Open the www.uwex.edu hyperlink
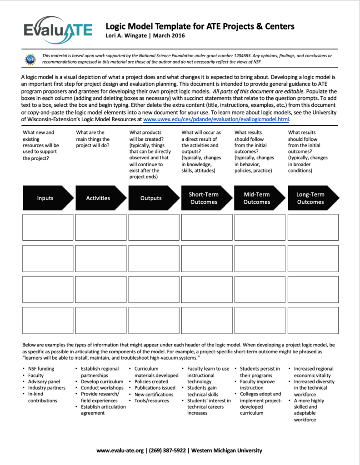tap(216, 119)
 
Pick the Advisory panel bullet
tap(44, 381)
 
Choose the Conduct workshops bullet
tap(102, 388)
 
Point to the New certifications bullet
tap(154, 394)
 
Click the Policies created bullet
tap(151, 381)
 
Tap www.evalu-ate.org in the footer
tap(120, 450)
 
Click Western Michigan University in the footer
tap(227, 450)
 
